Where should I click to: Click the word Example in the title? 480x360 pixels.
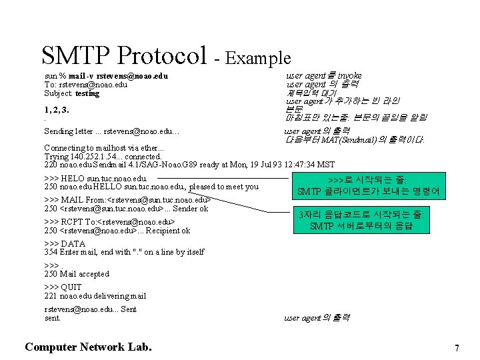[x=259, y=59]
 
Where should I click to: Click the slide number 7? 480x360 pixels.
[x=457, y=348]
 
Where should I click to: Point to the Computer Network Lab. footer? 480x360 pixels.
[x=88, y=347]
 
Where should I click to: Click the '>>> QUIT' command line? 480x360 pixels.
[x=63, y=287]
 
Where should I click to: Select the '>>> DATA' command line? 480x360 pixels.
[x=64, y=243]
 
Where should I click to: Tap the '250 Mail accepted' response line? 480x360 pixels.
[x=77, y=274]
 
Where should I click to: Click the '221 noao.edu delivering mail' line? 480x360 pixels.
[x=95, y=296]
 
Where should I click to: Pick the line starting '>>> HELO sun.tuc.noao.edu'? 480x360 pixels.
[x=95, y=178]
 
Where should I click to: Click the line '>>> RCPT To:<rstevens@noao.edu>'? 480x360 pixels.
[x=109, y=222]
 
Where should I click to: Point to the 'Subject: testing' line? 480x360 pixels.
[x=71, y=93]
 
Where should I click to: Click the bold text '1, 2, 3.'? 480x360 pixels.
[x=57, y=109]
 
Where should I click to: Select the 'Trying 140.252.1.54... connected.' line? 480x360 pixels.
[x=103, y=156]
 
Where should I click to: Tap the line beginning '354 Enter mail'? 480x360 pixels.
[x=124, y=252]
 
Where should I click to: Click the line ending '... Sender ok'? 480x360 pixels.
[x=126, y=209]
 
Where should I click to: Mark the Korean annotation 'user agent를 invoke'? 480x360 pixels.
[x=324, y=76]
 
